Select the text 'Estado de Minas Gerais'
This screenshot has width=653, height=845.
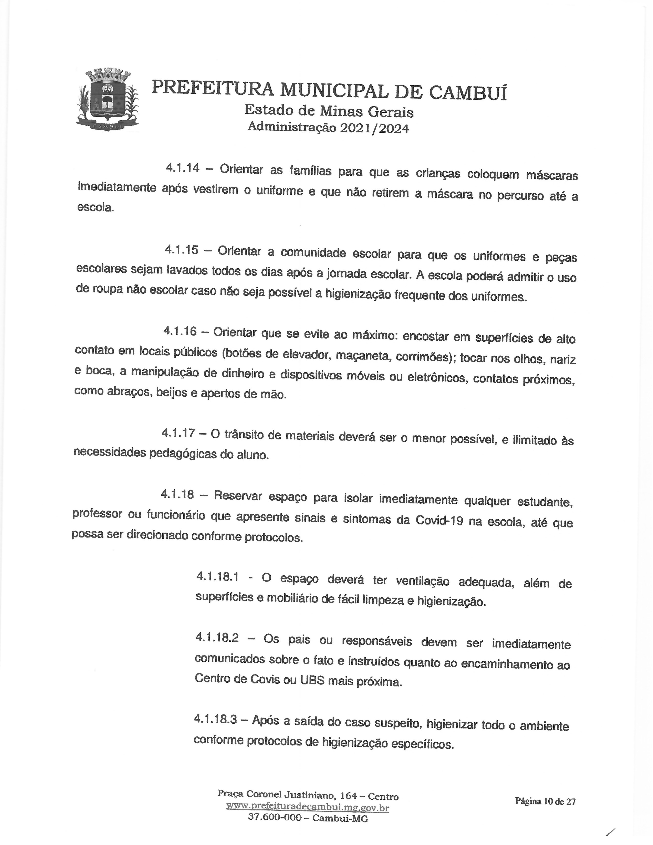point(329,111)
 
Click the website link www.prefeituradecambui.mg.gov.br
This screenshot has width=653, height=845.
point(307,807)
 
